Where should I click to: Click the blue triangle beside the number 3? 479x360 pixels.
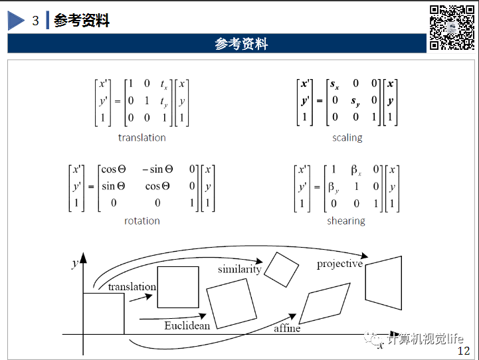pyautogui.click(x=15, y=21)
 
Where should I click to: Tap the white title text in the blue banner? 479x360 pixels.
pyautogui.click(x=241, y=44)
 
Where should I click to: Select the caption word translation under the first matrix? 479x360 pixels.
pyautogui.click(x=142, y=137)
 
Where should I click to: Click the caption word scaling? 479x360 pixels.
pyautogui.click(x=347, y=137)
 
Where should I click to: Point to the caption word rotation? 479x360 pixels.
pyautogui.click(x=142, y=221)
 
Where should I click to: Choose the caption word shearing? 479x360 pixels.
pyautogui.click(x=346, y=221)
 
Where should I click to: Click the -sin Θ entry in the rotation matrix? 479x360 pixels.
pyautogui.click(x=156, y=170)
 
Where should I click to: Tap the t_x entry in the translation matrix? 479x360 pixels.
pyautogui.click(x=163, y=84)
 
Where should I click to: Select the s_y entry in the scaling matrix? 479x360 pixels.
pyautogui.click(x=355, y=101)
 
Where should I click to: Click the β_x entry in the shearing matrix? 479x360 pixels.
pyautogui.click(x=357, y=170)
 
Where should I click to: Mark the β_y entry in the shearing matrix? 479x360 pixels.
pyautogui.click(x=334, y=187)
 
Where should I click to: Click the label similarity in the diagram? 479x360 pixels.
pyautogui.click(x=240, y=269)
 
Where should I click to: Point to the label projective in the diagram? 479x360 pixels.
pyautogui.click(x=339, y=264)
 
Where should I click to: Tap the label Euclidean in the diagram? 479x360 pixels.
pyautogui.click(x=187, y=325)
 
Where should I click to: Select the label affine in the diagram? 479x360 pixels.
pyautogui.click(x=287, y=328)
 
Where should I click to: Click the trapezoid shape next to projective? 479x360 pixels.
pyautogui.click(x=384, y=283)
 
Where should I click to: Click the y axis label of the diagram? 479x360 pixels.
pyautogui.click(x=74, y=264)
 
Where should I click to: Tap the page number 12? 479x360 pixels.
pyautogui.click(x=464, y=351)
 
